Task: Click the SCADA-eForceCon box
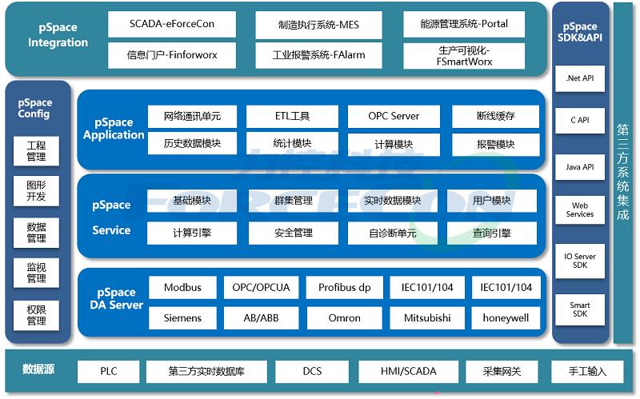click(x=172, y=24)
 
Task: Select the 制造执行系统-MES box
click(x=318, y=25)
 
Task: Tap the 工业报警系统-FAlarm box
click(x=318, y=55)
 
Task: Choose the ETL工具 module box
click(x=292, y=116)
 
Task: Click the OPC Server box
click(x=394, y=116)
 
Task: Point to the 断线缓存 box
click(x=495, y=116)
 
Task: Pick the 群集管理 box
click(x=294, y=201)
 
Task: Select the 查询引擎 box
click(x=492, y=233)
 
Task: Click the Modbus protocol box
click(x=182, y=288)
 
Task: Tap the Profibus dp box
click(x=345, y=288)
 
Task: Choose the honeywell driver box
click(x=506, y=317)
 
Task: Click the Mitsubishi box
click(x=427, y=317)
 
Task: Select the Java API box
click(x=579, y=167)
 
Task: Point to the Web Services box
click(x=579, y=209)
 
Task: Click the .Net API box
click(x=579, y=78)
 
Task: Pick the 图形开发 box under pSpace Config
click(x=36, y=191)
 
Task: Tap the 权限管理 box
click(x=36, y=315)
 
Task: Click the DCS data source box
click(x=312, y=371)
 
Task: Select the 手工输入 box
click(x=587, y=371)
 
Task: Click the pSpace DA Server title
click(x=116, y=298)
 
